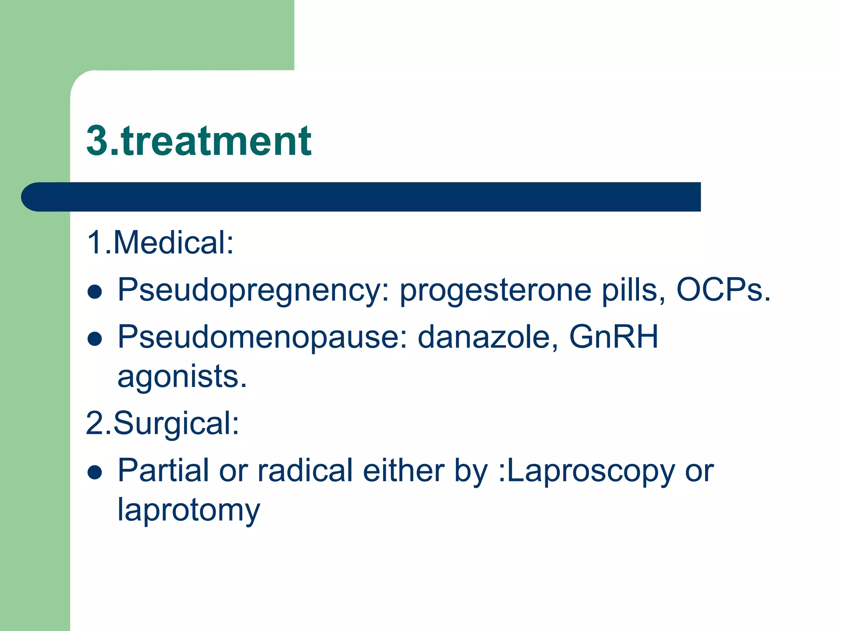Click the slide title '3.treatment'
199,141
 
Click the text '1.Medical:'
160,243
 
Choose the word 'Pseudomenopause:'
262,337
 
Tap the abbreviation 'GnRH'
614,337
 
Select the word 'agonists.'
182,377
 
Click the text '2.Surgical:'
163,424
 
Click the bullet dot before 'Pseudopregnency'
95,292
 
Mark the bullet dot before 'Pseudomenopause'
95,339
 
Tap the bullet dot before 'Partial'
95,472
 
